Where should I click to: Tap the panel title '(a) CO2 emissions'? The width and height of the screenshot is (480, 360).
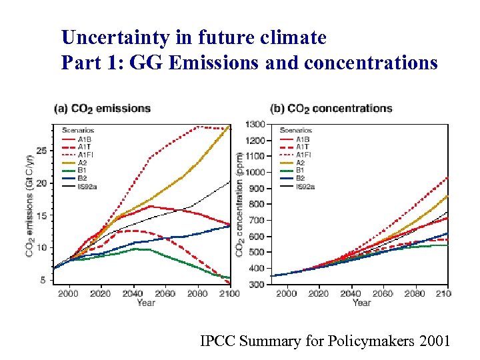(x=102, y=108)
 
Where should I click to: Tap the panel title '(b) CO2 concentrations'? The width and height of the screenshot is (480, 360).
(x=331, y=108)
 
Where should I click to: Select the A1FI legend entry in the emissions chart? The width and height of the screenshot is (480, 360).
(x=85, y=154)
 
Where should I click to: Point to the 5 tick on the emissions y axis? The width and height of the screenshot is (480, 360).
(x=43, y=280)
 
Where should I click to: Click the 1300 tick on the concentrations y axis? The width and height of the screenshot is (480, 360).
(x=255, y=125)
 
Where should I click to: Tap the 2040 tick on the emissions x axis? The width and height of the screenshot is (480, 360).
(x=133, y=293)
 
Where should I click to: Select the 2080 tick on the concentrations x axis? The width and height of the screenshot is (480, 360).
(x=414, y=293)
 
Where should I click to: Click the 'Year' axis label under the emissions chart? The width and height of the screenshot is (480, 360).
(x=145, y=303)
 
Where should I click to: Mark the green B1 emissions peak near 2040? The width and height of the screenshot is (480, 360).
(x=135, y=249)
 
